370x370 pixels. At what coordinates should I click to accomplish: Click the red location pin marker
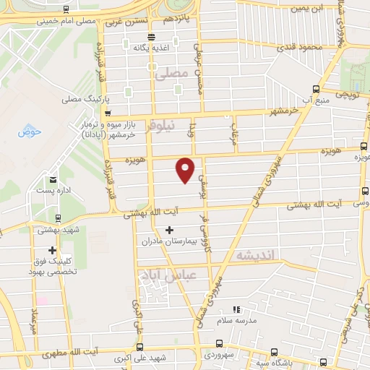pos(186,170)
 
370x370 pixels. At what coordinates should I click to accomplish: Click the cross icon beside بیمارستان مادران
pos(169,230)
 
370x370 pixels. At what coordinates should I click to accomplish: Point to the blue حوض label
pos(30,132)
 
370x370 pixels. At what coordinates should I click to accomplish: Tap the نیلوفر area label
pos(160,126)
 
